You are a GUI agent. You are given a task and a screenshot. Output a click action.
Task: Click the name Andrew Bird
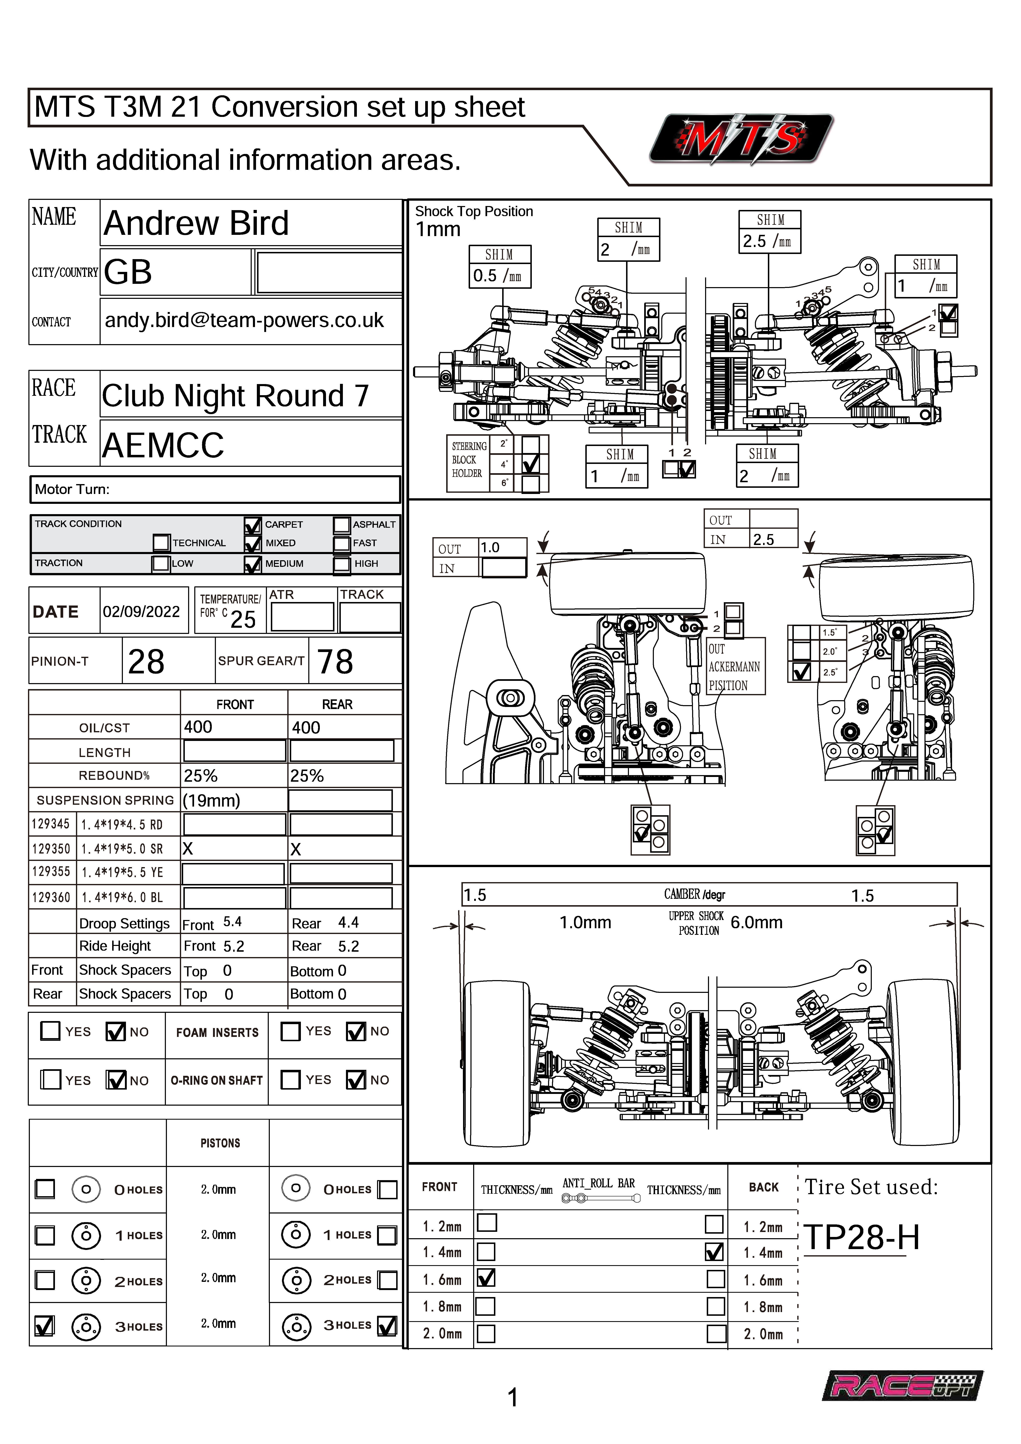coord(196,223)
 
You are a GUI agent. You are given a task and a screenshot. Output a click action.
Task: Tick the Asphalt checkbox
coord(342,524)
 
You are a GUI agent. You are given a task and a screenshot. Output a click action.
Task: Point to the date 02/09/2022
coord(142,611)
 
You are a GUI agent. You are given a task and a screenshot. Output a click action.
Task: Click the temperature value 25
coord(243,620)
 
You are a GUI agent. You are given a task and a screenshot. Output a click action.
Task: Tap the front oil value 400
coord(198,727)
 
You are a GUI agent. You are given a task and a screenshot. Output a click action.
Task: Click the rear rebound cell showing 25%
coord(307,776)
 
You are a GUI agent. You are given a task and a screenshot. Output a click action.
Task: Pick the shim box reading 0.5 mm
coord(498,275)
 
